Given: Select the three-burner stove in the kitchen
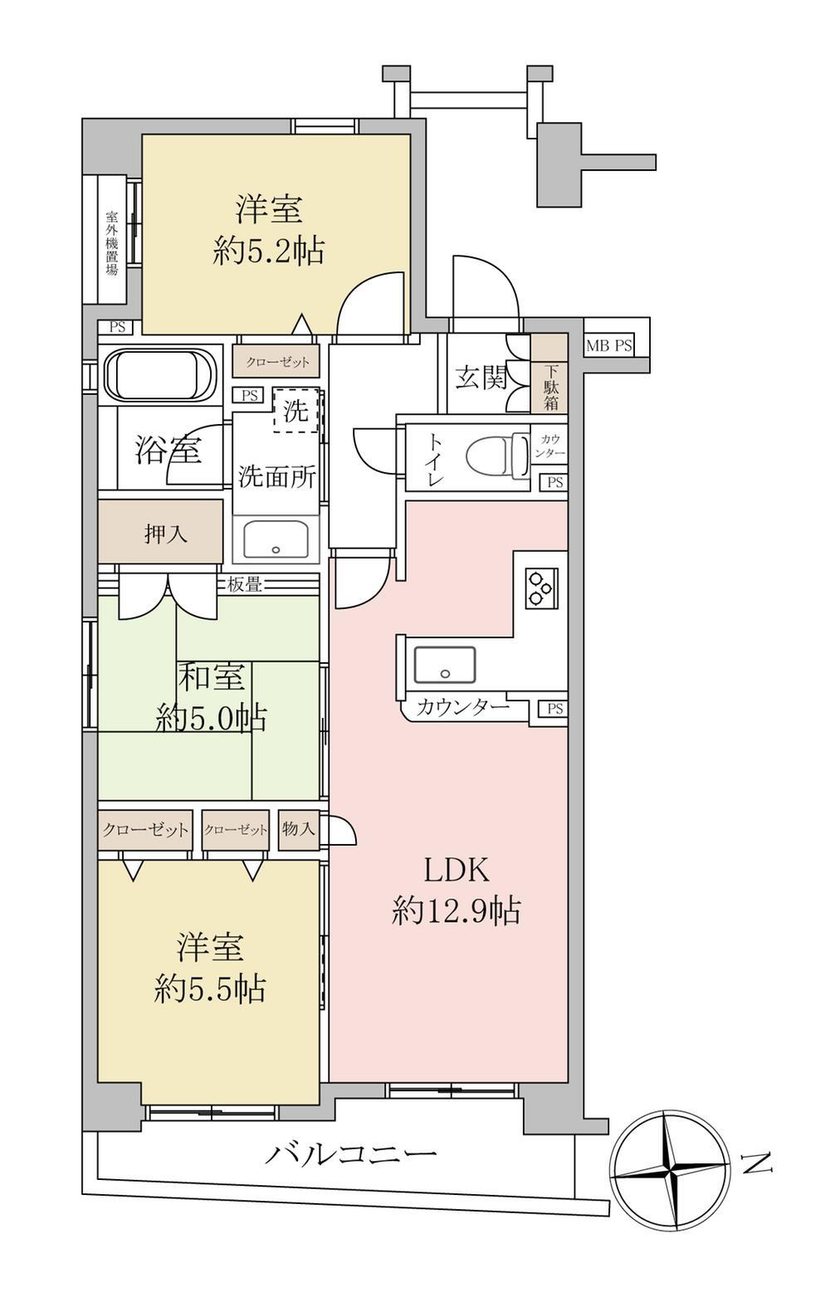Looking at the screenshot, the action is pyautogui.click(x=541, y=588).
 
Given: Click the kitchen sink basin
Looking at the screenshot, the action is pyautogui.click(x=444, y=665).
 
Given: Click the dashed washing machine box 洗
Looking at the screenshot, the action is pyautogui.click(x=296, y=411).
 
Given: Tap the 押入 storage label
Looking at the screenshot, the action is pyautogui.click(x=166, y=534).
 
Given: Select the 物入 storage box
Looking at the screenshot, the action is pyautogui.click(x=298, y=828).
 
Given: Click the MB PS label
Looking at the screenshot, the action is pyautogui.click(x=608, y=346).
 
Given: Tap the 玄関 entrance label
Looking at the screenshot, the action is pyautogui.click(x=481, y=379).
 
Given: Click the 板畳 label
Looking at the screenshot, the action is pyautogui.click(x=245, y=585).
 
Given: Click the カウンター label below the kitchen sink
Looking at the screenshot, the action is pyautogui.click(x=463, y=707).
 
